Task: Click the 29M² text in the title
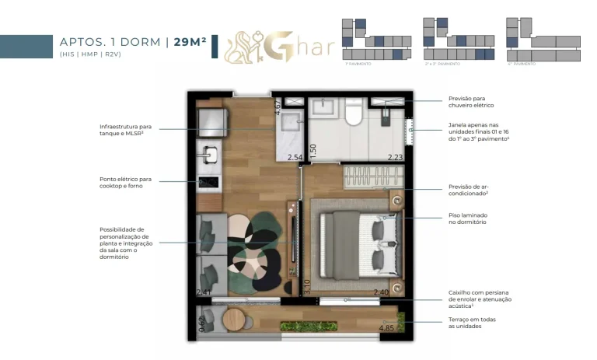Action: pyautogui.click(x=190, y=42)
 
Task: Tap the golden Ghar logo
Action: pyautogui.click(x=279, y=47)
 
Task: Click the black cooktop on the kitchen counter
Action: pyautogui.click(x=209, y=183)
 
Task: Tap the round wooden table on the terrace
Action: pyautogui.click(x=232, y=319)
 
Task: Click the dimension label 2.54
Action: pyautogui.click(x=295, y=158)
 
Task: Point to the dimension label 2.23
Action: pyautogui.click(x=396, y=158)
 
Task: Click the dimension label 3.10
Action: pyautogui.click(x=306, y=287)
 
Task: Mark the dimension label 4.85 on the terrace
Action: pyautogui.click(x=386, y=328)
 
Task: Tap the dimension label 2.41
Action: pyautogui.click(x=203, y=292)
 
